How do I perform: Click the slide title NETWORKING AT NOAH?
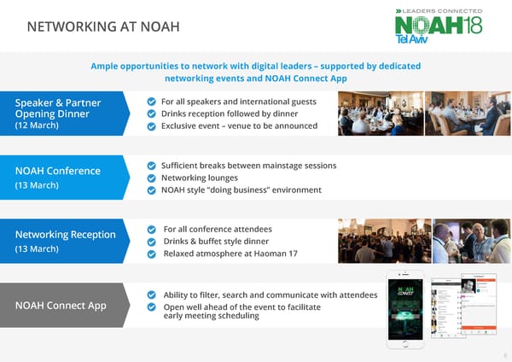(103, 26)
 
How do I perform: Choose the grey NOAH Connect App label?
(61, 307)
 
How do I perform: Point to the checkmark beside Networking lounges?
(151, 178)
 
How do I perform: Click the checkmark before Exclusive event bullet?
(151, 127)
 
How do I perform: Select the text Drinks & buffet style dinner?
(216, 241)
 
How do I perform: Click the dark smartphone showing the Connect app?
(406, 308)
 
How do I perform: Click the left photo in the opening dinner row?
(380, 114)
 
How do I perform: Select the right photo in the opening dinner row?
(468, 114)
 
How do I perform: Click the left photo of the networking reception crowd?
(380, 241)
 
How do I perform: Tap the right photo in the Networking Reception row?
(468, 241)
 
